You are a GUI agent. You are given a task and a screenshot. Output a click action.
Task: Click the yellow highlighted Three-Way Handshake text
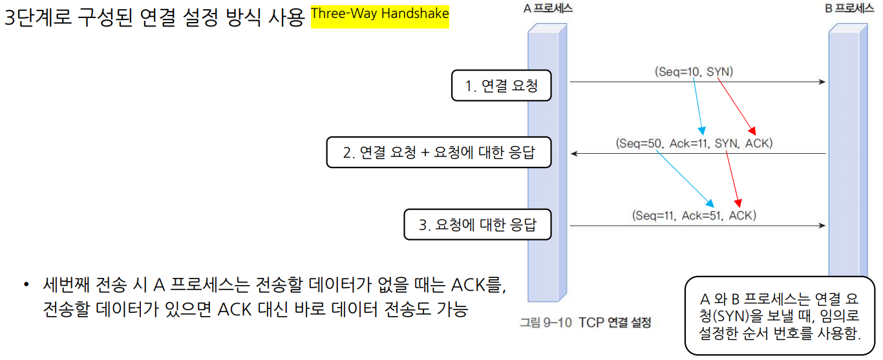(x=379, y=14)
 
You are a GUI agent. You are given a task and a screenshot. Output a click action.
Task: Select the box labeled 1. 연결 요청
(x=501, y=86)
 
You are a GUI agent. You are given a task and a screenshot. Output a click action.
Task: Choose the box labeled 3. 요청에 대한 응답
(x=478, y=225)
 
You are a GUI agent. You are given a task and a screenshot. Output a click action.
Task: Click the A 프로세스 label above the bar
(x=547, y=8)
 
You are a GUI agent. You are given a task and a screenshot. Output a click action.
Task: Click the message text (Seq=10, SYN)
(x=694, y=72)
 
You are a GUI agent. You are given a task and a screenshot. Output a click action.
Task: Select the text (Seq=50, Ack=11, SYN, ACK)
(x=694, y=143)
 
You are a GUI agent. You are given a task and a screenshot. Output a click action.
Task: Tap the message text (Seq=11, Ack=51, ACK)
(x=694, y=215)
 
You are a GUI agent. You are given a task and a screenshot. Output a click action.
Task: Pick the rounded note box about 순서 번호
(x=780, y=316)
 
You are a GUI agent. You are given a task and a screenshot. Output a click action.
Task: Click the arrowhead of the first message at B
(x=822, y=82)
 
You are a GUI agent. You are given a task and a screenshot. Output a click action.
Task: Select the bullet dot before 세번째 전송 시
(x=27, y=285)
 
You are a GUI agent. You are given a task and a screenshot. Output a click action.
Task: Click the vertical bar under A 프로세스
(x=547, y=162)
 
